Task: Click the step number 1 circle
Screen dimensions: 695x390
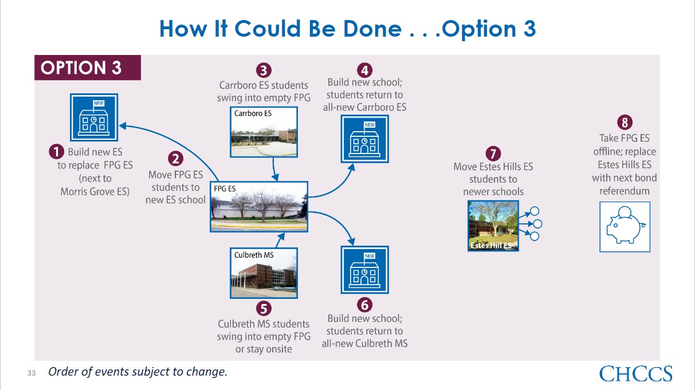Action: [x=57, y=152]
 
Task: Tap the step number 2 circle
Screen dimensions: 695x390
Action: [x=175, y=159]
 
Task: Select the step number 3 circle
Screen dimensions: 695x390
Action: [x=264, y=70]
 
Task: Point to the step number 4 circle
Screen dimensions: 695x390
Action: [x=364, y=70]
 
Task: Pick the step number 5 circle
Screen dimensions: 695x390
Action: [x=264, y=309]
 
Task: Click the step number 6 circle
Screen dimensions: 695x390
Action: [x=364, y=305]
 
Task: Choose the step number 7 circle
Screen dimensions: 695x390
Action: [x=493, y=154]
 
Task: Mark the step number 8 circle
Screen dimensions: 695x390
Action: [x=625, y=122]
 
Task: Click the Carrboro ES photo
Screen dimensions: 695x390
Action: [x=264, y=132]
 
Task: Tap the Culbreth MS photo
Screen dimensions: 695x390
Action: [x=264, y=273]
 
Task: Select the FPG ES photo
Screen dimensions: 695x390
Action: [x=259, y=207]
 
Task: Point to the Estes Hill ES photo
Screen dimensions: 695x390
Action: [x=493, y=226]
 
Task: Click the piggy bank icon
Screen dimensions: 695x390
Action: [x=625, y=227]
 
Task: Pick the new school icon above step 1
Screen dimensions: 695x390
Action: [x=94, y=117]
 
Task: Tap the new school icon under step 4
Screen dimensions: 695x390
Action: [x=365, y=139]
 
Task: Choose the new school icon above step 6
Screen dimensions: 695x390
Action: [x=365, y=270]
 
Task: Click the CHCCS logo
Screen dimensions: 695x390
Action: [x=636, y=373]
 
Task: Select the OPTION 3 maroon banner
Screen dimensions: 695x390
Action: [x=88, y=68]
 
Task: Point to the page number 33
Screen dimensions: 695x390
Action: [x=32, y=373]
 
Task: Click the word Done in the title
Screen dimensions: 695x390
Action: [x=372, y=29]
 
